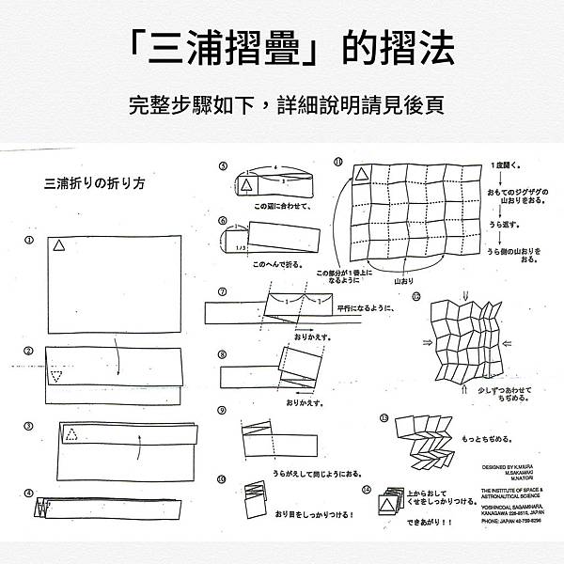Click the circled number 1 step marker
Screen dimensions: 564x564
coord(30,239)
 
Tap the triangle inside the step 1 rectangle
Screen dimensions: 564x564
coord(58,245)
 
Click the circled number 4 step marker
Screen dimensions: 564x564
coord(29,493)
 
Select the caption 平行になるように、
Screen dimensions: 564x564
coord(365,307)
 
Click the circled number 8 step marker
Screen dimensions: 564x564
coord(222,354)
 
